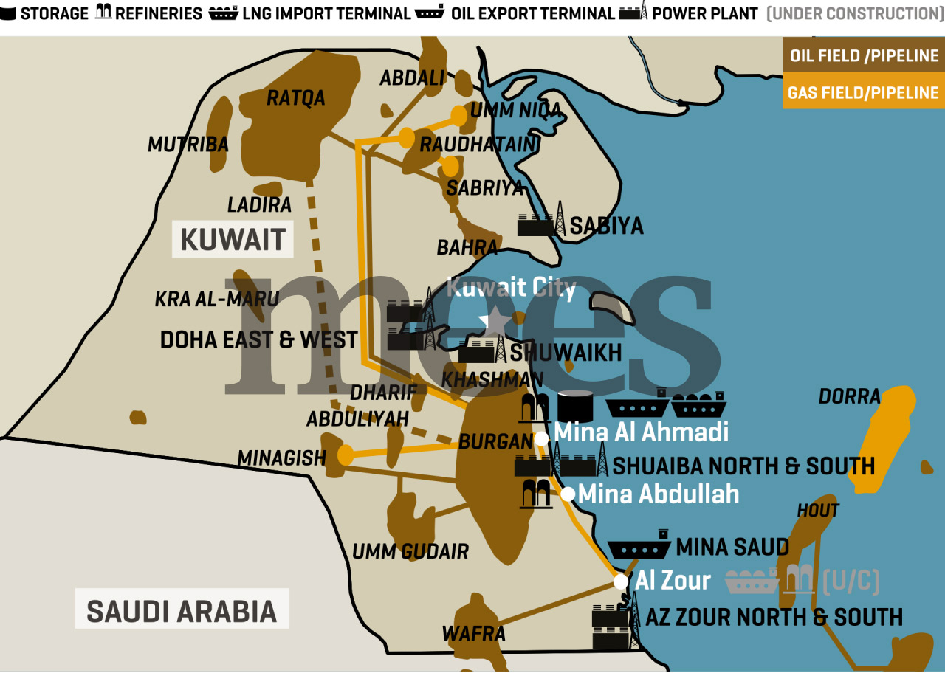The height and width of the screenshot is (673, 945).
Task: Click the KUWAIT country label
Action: click(233, 239)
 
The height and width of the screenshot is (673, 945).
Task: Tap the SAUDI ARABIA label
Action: click(182, 611)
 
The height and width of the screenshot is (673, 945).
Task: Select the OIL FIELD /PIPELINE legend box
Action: click(864, 56)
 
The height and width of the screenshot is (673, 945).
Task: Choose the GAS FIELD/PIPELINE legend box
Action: click(864, 93)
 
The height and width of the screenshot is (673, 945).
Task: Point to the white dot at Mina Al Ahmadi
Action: click(541, 439)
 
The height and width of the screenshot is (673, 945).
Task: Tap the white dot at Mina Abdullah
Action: click(568, 494)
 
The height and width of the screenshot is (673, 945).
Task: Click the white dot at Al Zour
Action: click(621, 582)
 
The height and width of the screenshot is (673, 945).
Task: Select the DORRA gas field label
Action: click(849, 396)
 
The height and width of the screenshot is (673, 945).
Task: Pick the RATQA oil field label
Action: click(295, 97)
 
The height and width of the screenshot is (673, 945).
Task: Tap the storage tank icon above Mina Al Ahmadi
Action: click(576, 406)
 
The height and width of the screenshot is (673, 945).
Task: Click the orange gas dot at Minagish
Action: click(346, 455)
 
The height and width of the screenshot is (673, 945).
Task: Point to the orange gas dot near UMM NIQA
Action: click(459, 115)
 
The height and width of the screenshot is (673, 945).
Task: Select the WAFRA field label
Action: click(473, 633)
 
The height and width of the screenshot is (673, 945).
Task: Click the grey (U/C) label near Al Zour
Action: click(850, 581)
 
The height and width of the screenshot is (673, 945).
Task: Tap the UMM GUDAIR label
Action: click(410, 551)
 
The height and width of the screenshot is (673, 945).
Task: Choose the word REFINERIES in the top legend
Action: click(158, 13)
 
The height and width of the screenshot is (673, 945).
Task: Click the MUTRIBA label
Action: click(188, 145)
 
